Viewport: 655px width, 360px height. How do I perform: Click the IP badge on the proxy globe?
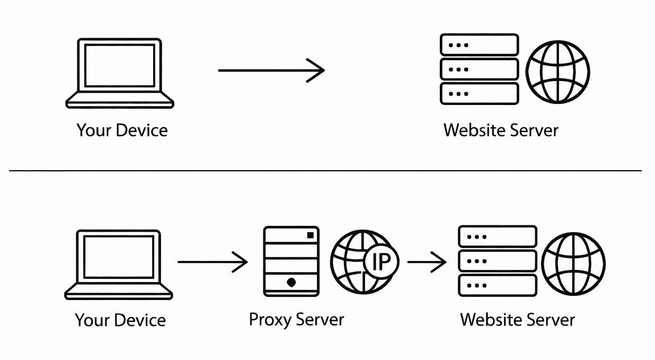click(378, 262)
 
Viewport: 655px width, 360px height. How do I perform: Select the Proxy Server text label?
click(296, 320)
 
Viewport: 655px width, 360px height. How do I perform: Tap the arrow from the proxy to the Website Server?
click(427, 262)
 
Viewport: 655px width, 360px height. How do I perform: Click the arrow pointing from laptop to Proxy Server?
click(212, 262)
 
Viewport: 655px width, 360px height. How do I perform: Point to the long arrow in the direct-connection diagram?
click(271, 70)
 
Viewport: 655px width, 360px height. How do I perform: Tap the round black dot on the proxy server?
click(291, 283)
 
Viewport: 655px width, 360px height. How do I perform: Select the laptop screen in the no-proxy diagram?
click(119, 65)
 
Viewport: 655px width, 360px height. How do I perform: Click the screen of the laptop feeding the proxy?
click(119, 257)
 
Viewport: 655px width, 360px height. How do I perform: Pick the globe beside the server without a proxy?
click(557, 72)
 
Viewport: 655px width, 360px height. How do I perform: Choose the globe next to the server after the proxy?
click(573, 264)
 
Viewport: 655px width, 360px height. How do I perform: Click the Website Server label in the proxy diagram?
click(517, 320)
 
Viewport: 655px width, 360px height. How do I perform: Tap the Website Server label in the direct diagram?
click(501, 130)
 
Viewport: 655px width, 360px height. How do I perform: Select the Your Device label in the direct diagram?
click(122, 130)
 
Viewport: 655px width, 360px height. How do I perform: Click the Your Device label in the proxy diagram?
click(120, 320)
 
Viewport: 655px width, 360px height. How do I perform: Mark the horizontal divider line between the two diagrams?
click(325, 171)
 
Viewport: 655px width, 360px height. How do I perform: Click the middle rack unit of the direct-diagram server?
click(479, 69)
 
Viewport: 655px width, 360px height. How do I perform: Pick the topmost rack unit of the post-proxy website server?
click(497, 236)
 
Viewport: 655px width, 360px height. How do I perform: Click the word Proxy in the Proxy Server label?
click(270, 320)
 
